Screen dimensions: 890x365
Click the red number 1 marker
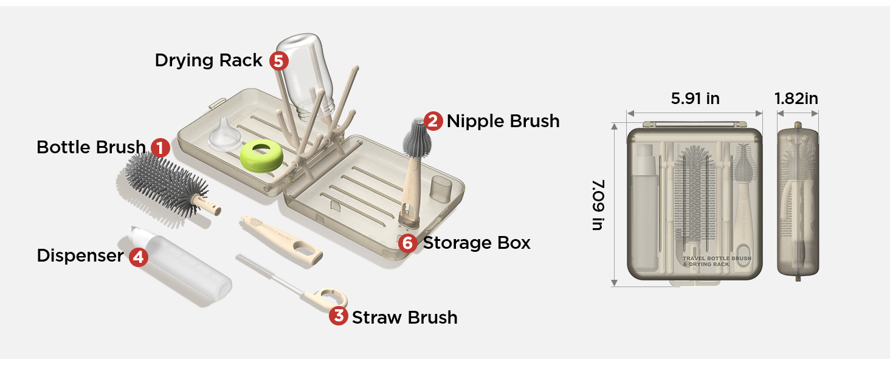[160, 147]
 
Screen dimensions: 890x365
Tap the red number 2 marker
[433, 121]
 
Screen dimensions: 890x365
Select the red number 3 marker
[338, 316]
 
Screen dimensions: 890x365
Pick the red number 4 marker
[138, 257]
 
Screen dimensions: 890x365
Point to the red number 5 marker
[278, 61]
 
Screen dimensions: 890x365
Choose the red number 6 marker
[408, 243]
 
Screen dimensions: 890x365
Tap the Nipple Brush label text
[503, 121]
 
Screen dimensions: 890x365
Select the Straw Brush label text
[404, 317]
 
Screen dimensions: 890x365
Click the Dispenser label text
[80, 255]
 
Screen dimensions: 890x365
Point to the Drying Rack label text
[209, 60]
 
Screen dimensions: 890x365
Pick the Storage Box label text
[477, 243]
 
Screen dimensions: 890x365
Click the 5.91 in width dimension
[695, 99]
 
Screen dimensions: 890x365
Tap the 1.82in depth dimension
[796, 99]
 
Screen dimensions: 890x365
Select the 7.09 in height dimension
[598, 204]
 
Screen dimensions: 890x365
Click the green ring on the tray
[262, 157]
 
